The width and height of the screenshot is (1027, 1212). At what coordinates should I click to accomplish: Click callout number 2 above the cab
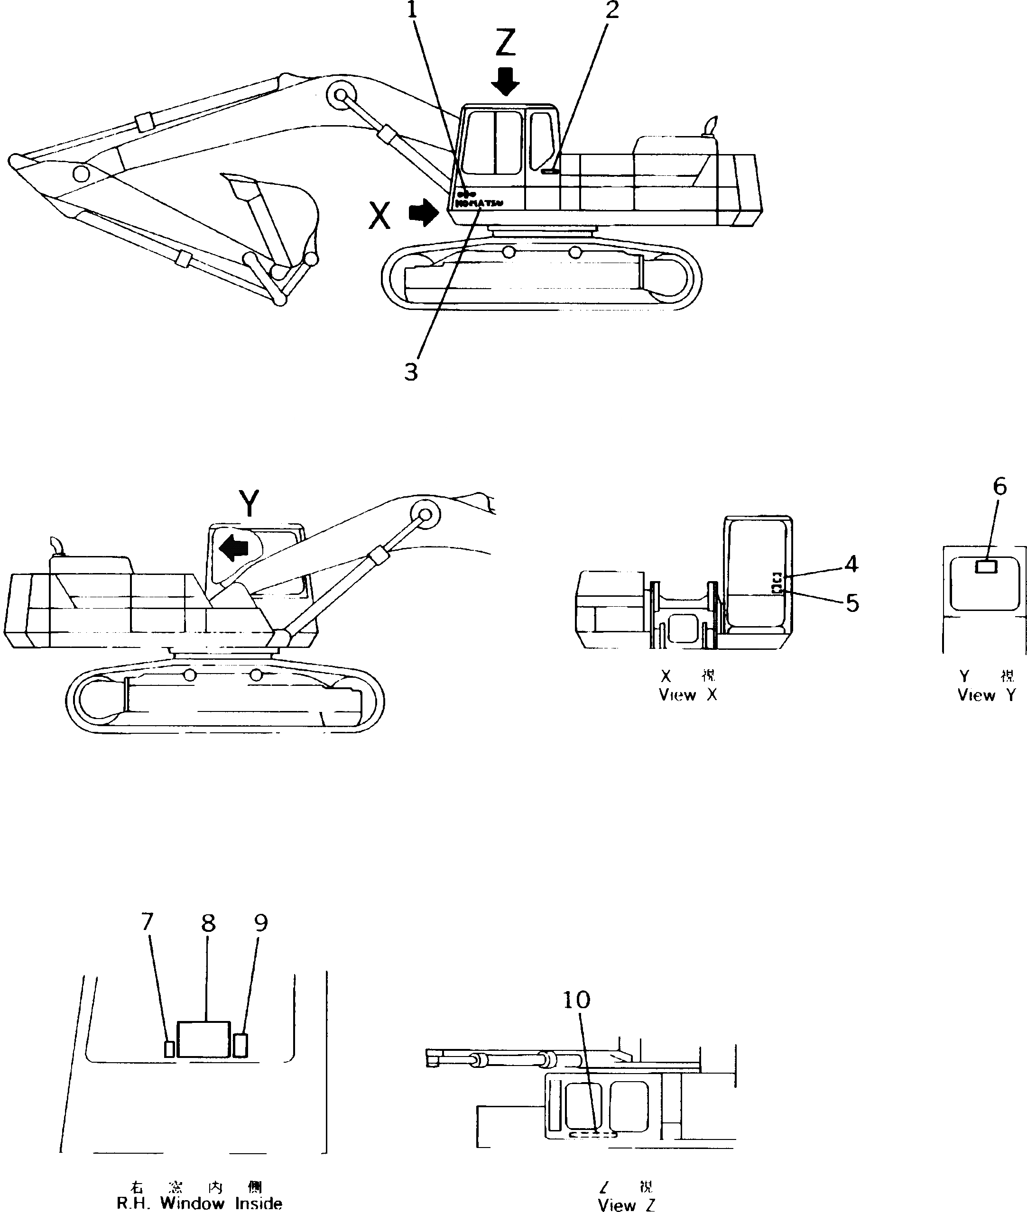coord(612,10)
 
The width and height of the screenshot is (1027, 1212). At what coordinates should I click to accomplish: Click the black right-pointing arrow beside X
coord(423,213)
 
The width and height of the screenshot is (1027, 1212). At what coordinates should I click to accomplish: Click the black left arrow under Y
coord(236,547)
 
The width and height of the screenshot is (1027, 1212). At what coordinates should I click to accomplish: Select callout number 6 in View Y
coord(999,486)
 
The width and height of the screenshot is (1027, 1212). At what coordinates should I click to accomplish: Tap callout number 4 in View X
coord(851,563)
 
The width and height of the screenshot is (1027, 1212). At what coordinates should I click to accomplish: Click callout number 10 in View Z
coord(576,1000)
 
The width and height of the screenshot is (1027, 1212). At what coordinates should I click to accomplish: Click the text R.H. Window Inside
coord(200,1203)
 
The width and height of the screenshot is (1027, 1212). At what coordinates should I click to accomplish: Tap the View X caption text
coord(687,695)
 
